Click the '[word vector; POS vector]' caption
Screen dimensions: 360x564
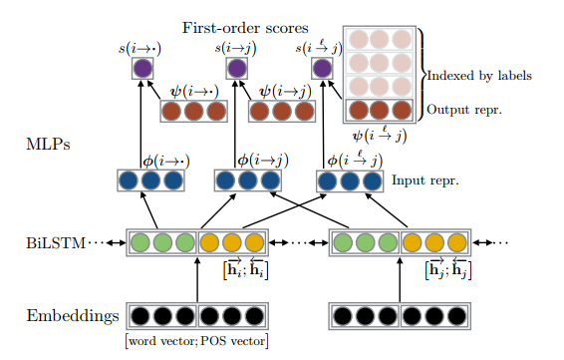coord(198,342)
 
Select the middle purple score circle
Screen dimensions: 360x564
coord(236,69)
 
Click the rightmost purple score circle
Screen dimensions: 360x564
coord(321,69)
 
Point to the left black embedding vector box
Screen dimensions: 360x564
coord(198,317)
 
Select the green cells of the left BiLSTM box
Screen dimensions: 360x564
coord(163,243)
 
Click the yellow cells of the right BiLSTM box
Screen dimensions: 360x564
coord(434,243)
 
